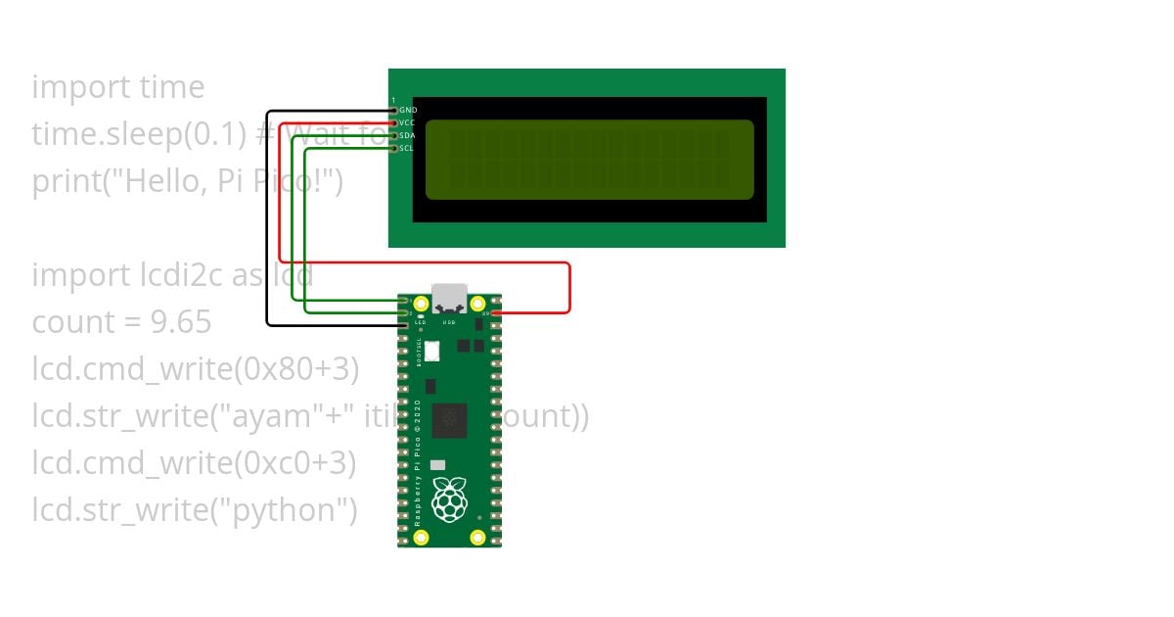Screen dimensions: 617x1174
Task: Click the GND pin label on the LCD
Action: [x=408, y=111]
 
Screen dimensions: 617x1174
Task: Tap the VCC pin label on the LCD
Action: [x=408, y=123]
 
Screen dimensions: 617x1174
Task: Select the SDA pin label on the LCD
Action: [x=408, y=136]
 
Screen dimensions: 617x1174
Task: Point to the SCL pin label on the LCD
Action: [x=407, y=149]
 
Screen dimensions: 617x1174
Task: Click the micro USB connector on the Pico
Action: [x=449, y=297]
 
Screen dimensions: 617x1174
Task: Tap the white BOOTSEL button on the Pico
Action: [x=432, y=350]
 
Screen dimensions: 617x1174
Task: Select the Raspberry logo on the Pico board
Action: [x=449, y=499]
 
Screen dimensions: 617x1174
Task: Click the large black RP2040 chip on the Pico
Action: [x=449, y=419]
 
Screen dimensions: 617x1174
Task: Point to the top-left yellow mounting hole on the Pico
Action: [x=422, y=304]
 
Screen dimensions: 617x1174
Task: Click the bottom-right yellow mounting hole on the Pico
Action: [x=477, y=537]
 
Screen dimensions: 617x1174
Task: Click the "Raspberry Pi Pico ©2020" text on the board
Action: [x=418, y=462]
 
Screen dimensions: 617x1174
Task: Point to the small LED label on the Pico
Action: [x=420, y=321]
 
